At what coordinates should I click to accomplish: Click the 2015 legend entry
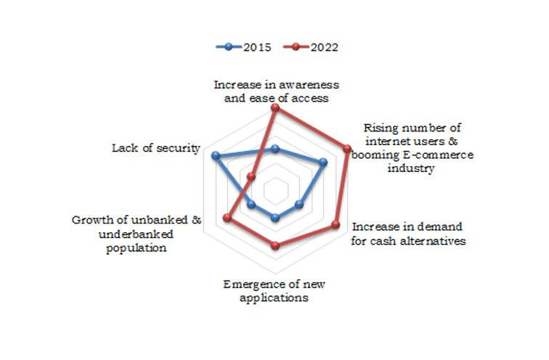(x=244, y=47)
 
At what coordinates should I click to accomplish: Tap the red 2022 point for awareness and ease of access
(x=274, y=107)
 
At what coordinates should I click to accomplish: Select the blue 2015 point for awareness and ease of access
(x=274, y=150)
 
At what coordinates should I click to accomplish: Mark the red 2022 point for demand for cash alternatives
(x=335, y=225)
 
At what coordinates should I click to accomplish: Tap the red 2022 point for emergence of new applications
(x=274, y=246)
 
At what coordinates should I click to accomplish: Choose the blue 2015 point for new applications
(x=274, y=218)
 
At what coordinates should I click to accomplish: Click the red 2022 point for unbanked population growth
(x=226, y=218)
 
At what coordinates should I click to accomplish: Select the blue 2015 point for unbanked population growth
(x=251, y=205)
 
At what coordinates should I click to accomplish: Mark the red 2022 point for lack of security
(x=251, y=176)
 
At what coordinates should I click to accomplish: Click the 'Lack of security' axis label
(x=155, y=148)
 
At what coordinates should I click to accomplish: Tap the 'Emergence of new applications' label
(x=274, y=290)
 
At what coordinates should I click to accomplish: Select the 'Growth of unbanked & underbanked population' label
(x=137, y=233)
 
